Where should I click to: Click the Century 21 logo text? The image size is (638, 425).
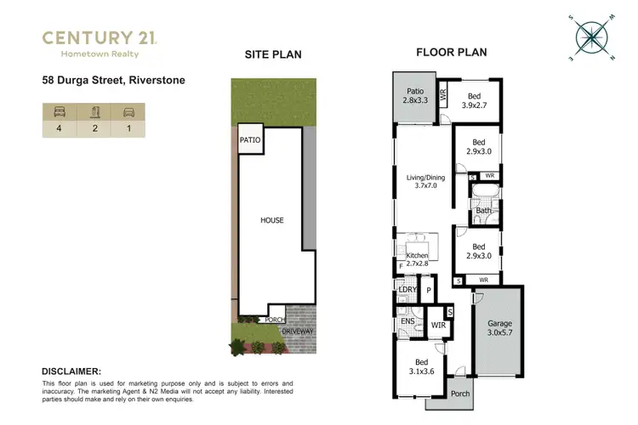pyautogui.click(x=100, y=37)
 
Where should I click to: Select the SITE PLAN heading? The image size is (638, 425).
pyautogui.click(x=272, y=54)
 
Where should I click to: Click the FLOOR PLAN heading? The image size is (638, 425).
pyautogui.click(x=451, y=53)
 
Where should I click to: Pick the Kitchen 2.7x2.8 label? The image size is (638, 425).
pyautogui.click(x=417, y=260)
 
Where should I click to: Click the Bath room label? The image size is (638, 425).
pyautogui.click(x=483, y=211)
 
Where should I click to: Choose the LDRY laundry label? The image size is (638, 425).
pyautogui.click(x=407, y=291)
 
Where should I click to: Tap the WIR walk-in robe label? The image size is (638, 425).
pyautogui.click(x=439, y=325)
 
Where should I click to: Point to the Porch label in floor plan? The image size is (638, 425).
pyautogui.click(x=460, y=394)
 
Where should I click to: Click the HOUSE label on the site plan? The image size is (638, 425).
pyautogui.click(x=272, y=220)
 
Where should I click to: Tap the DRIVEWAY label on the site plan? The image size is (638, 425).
pyautogui.click(x=298, y=331)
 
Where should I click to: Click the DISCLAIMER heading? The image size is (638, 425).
pyautogui.click(x=71, y=371)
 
